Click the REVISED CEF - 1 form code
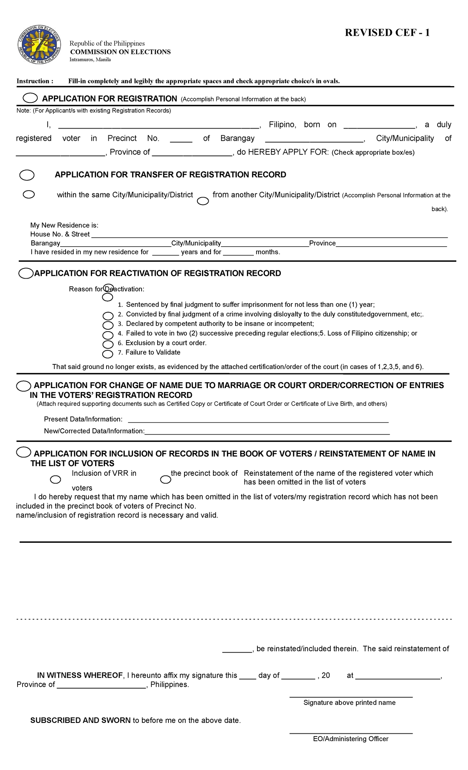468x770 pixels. pos(387,33)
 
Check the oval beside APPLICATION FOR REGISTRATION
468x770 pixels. pos(30,98)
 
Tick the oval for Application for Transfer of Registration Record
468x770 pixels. pos(27,175)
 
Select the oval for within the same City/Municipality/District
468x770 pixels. pos(29,194)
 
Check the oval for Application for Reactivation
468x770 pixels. pos(26,274)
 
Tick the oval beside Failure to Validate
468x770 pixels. pos(108,354)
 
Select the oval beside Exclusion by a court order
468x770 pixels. pos(108,344)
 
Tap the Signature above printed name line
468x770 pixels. pos(351,696)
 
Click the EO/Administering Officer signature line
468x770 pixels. pos(351,733)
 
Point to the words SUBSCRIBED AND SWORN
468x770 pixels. pos(80,721)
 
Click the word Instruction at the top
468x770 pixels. pos(33,81)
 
